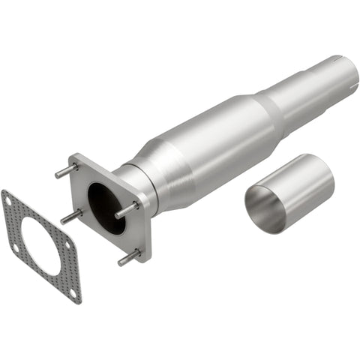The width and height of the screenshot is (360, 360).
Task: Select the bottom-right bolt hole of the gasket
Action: click(73, 292)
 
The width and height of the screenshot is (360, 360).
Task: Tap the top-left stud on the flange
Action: click(64, 171)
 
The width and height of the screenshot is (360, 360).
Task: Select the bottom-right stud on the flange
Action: click(128, 257)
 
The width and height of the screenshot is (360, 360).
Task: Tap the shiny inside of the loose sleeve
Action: click(264, 206)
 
